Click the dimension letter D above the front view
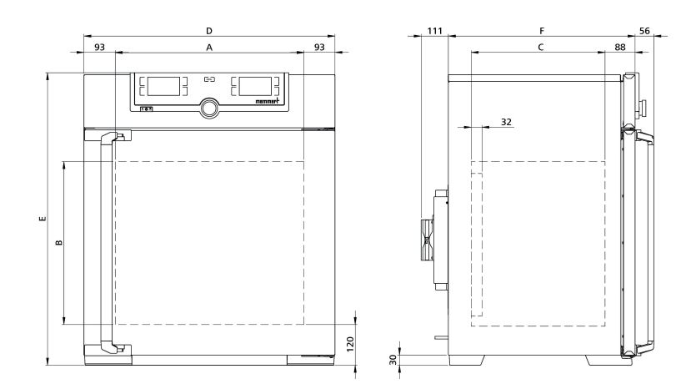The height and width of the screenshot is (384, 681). coord(209,31)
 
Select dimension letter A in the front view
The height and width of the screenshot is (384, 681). coord(209,48)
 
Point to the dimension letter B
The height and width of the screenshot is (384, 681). coord(59,243)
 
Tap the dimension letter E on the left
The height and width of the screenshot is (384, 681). coord(43,219)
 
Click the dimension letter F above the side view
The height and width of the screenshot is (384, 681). coord(542,31)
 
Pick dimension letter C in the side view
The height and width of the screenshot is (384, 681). coord(541,47)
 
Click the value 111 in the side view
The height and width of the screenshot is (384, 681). coord(434,31)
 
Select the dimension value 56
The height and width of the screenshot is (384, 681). coord(644,31)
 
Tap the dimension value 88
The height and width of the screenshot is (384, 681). coord(620,47)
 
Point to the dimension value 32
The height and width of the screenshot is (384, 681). coord(506,122)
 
